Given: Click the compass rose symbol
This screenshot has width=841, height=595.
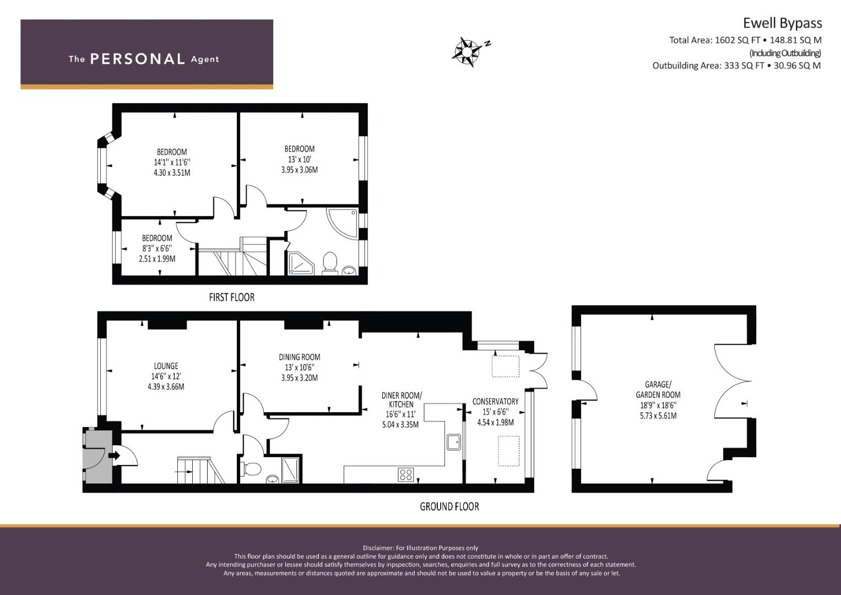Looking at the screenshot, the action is pyautogui.click(x=466, y=52).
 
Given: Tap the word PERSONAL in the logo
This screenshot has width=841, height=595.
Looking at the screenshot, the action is pyautogui.click(x=138, y=59).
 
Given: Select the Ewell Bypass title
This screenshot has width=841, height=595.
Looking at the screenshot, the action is pyautogui.click(x=783, y=23).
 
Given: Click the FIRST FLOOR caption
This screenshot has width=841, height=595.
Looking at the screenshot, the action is pyautogui.click(x=232, y=297).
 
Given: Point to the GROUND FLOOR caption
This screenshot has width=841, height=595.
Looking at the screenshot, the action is pyautogui.click(x=449, y=507).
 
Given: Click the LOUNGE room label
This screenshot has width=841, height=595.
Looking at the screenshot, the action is pyautogui.click(x=166, y=366).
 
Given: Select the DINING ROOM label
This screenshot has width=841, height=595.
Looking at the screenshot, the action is pyautogui.click(x=300, y=357).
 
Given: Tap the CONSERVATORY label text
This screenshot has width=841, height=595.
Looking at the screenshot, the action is pyautogui.click(x=495, y=402).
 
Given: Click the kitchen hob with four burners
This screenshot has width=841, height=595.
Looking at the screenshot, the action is pyautogui.click(x=406, y=475).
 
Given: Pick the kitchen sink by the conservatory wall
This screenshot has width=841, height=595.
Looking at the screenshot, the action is pyautogui.click(x=454, y=442).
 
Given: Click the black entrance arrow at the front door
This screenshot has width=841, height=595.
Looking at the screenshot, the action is pyautogui.click(x=114, y=456).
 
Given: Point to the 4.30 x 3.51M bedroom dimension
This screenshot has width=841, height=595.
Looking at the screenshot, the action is pyautogui.click(x=172, y=173).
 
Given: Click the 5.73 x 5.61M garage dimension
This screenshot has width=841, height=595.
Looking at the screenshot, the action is pyautogui.click(x=658, y=416).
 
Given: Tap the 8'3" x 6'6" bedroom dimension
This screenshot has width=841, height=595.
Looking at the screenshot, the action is pyautogui.click(x=157, y=248).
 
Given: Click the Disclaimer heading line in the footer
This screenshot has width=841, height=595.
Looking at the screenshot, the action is pyautogui.click(x=421, y=548).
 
